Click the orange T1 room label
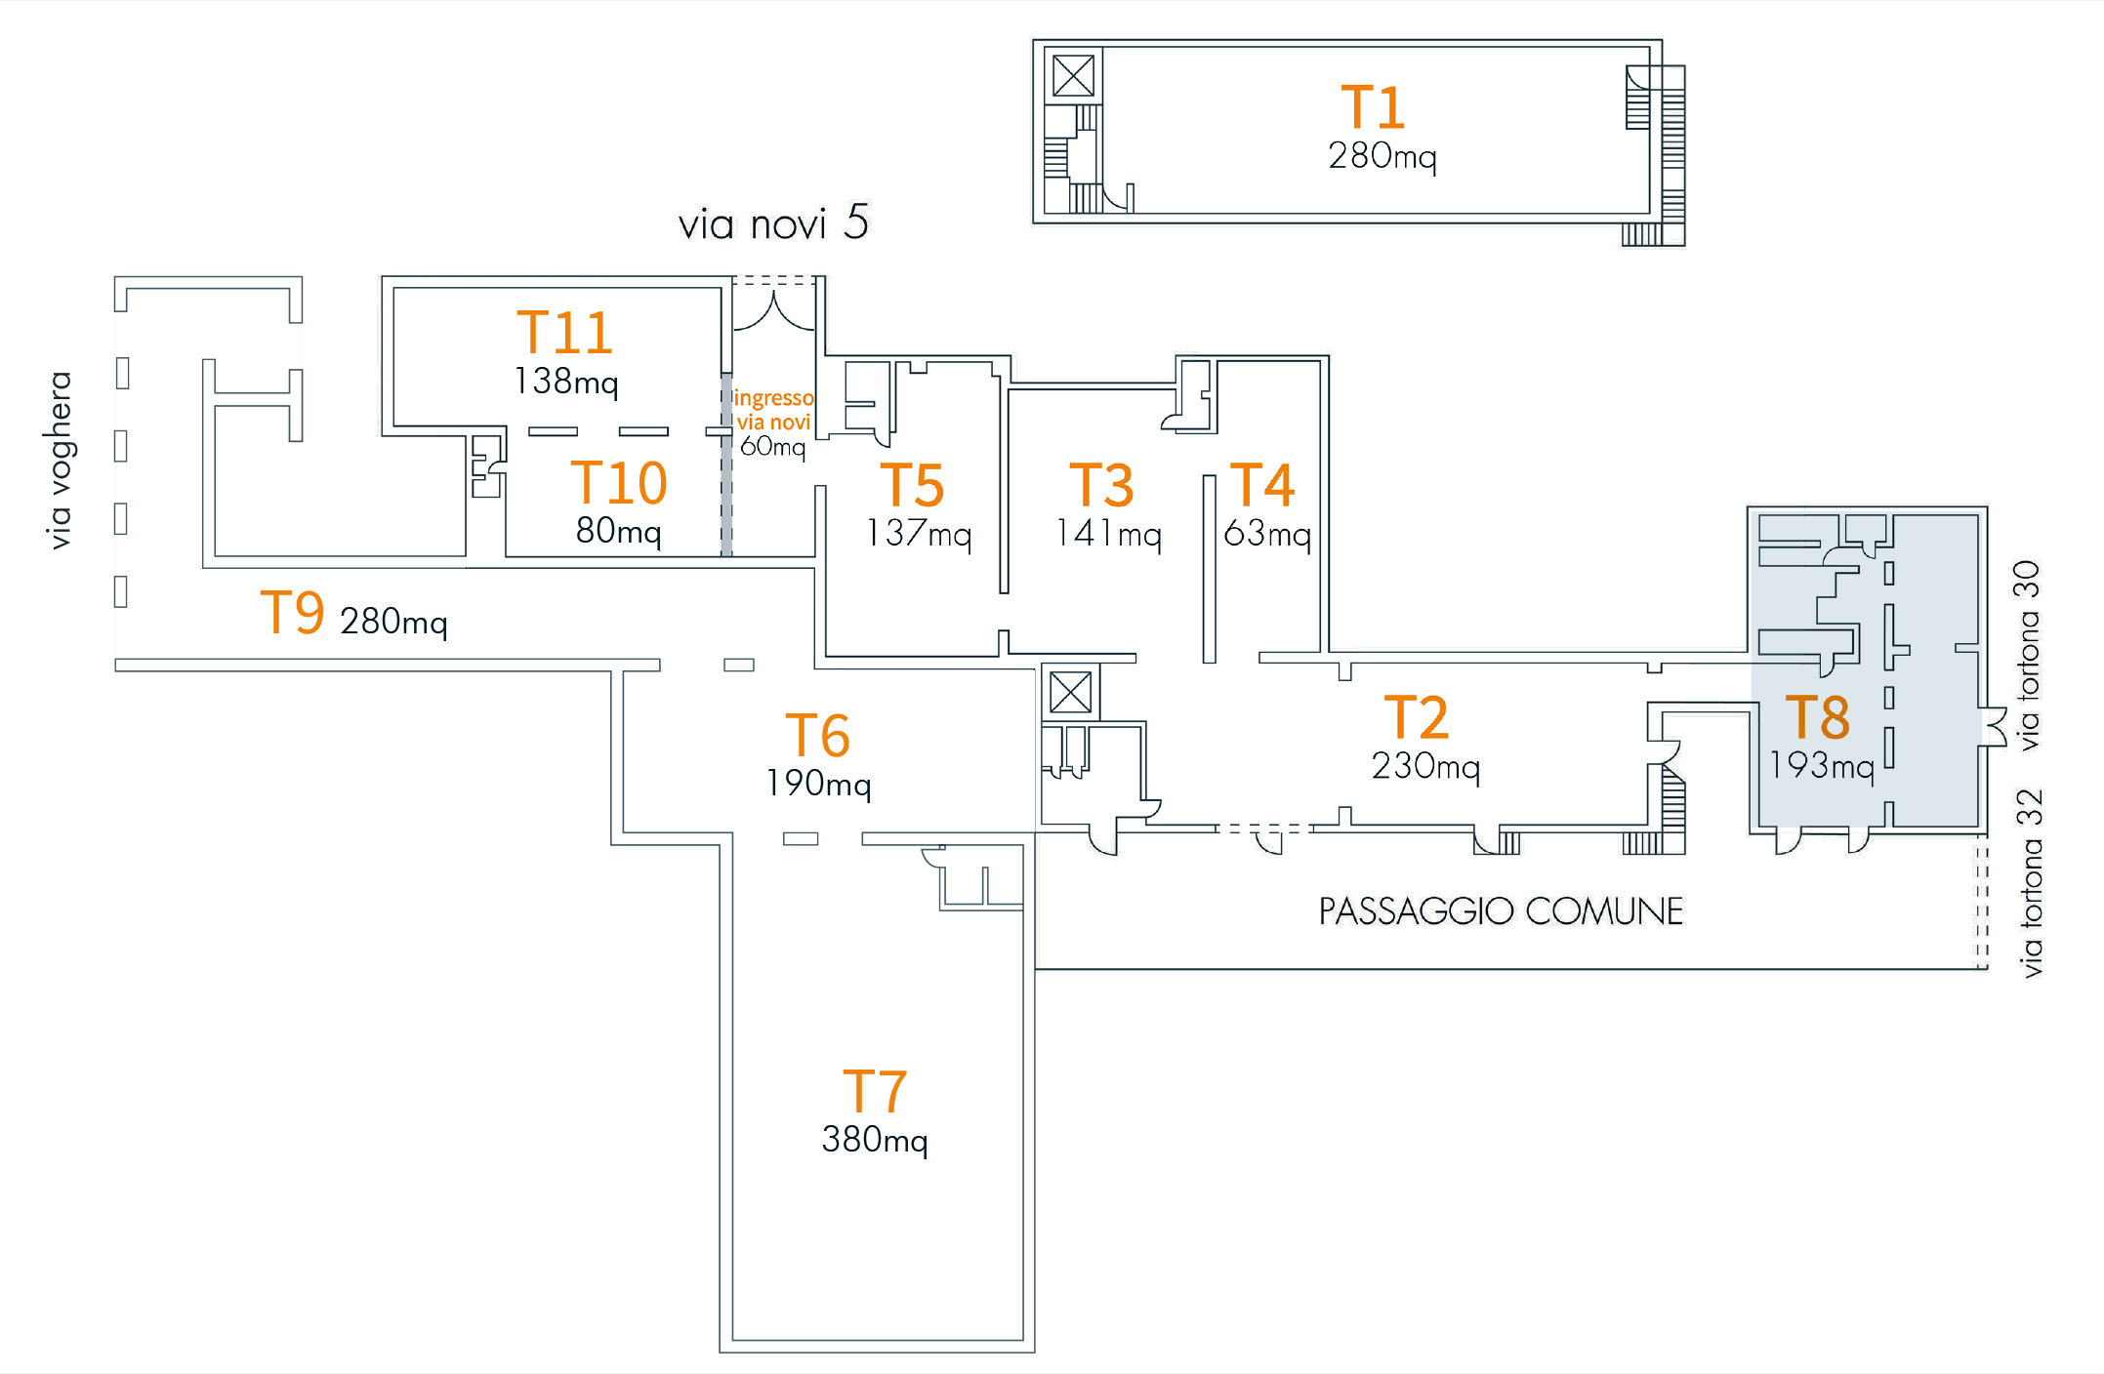(x=1373, y=107)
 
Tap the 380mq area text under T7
(x=875, y=1140)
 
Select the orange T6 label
(x=818, y=736)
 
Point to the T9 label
(x=292, y=614)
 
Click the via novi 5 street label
(x=773, y=223)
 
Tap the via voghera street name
(x=61, y=460)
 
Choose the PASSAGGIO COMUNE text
(x=1501, y=911)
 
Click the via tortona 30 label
(x=2029, y=655)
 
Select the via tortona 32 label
(x=2031, y=882)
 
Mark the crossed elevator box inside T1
(x=1074, y=76)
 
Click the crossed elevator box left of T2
(x=1071, y=693)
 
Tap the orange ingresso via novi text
(x=773, y=410)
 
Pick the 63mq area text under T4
(x=1267, y=534)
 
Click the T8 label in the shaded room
(x=1817, y=718)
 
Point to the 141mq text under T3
(x=1108, y=534)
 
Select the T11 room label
(x=564, y=333)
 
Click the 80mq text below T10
(x=618, y=531)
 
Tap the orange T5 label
(x=912, y=486)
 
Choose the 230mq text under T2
(x=1425, y=766)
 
